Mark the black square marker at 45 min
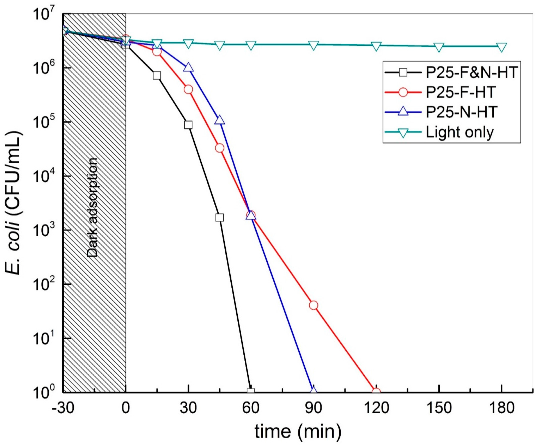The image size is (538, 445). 219,217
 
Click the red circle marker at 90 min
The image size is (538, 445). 313,305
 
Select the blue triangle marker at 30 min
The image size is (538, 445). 188,67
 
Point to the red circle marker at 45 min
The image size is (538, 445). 220,148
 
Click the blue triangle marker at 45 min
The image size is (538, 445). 220,120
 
